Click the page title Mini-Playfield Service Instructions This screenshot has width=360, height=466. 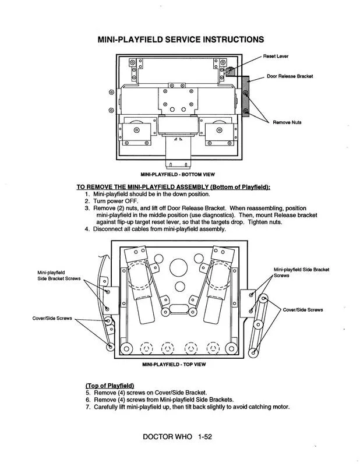tap(181, 40)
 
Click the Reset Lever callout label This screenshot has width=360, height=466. tap(276, 57)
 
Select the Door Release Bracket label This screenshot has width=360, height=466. tap(290, 76)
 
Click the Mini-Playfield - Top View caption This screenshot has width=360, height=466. tap(174, 365)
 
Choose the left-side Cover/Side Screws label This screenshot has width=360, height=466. tap(51, 318)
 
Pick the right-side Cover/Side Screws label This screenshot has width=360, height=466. tap(302, 309)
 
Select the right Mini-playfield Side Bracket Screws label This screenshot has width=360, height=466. tap(301, 272)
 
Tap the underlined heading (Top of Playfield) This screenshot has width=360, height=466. tap(110, 386)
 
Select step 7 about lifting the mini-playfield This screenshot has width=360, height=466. tap(190, 407)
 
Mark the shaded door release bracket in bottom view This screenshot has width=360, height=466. tap(246, 96)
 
